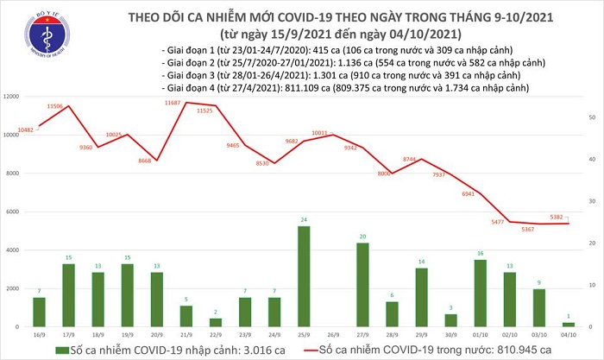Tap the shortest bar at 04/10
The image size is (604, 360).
tap(569, 325)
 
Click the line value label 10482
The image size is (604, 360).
tap(28, 129)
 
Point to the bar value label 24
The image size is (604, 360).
tap(304, 220)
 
